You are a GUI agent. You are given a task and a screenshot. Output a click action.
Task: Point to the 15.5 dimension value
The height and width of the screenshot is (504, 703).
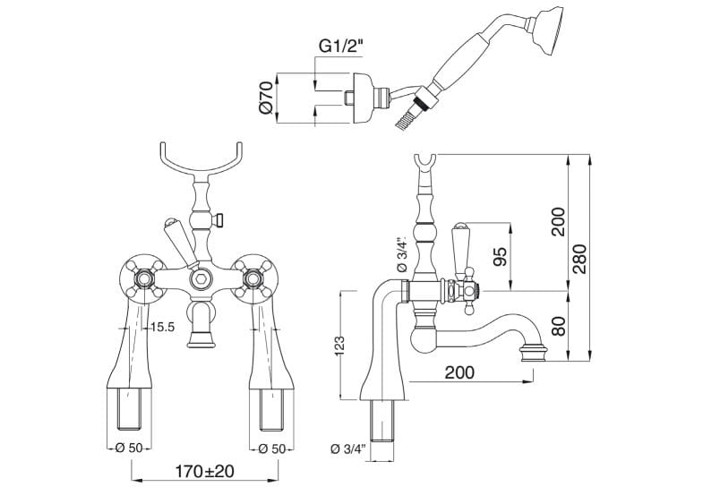tap(162, 329)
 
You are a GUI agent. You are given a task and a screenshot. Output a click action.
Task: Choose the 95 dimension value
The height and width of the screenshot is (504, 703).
tap(500, 257)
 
